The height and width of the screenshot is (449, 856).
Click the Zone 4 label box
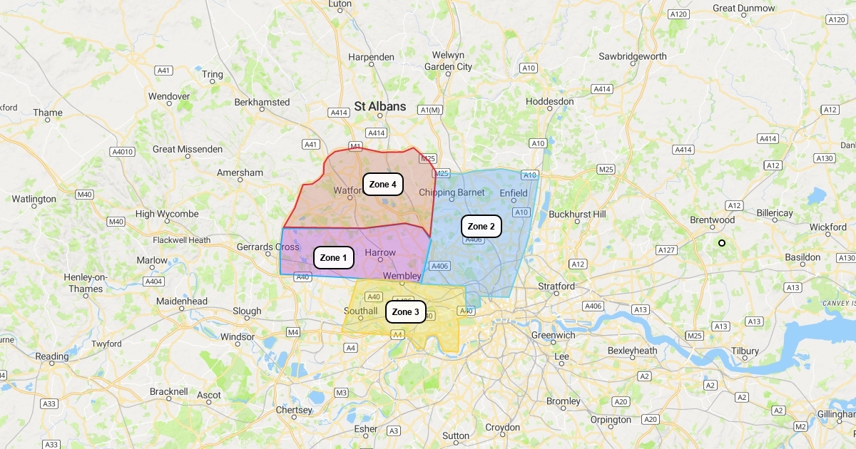click(x=383, y=185)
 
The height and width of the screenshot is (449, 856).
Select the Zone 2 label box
click(x=481, y=227)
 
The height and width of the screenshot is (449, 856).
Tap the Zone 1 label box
click(x=334, y=257)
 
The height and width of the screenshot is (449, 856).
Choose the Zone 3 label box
click(x=406, y=312)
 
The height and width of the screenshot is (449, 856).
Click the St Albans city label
click(x=380, y=106)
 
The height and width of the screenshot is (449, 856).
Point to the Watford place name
click(x=349, y=190)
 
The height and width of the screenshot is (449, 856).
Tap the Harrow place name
click(x=379, y=252)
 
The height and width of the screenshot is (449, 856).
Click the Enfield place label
click(x=514, y=193)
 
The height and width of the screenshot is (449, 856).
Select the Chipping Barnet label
click(x=452, y=192)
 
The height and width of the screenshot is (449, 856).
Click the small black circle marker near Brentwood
click(x=722, y=243)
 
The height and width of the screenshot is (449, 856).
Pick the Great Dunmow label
click(x=744, y=9)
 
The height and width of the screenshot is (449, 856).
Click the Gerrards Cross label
click(x=268, y=247)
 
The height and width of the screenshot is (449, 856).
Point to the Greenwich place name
click(x=553, y=335)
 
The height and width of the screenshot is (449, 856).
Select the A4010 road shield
click(x=123, y=152)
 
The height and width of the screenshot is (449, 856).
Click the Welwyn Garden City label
click(x=448, y=61)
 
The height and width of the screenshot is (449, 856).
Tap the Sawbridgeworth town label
click(x=633, y=56)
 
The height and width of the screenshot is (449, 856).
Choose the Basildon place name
click(x=802, y=257)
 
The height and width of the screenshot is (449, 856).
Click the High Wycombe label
click(x=167, y=214)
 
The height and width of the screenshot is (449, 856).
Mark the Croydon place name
click(x=503, y=428)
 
